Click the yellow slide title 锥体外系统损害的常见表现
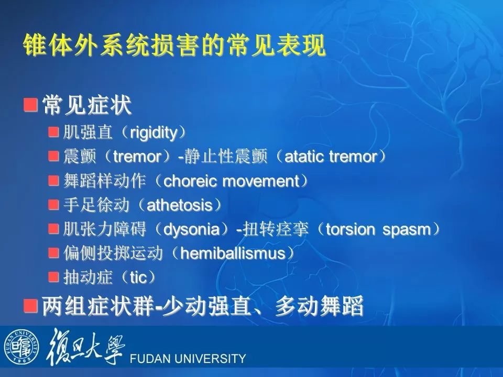174,45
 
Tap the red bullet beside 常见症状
30,105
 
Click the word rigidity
154,132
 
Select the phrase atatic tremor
331,157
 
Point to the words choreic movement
231,181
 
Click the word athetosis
180,205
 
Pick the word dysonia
192,229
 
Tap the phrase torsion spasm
378,229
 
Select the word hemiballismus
233,253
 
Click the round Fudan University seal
21,347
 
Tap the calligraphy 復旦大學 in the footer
85,347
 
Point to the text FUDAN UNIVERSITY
188,358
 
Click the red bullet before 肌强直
53,132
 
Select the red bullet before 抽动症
53,277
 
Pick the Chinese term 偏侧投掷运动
113,253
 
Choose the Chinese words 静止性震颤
225,157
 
